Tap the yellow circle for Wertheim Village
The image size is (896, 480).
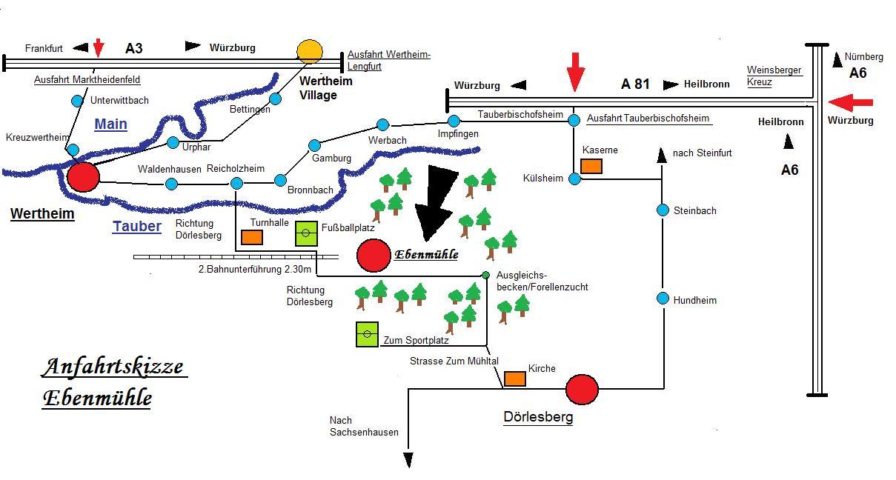click(x=310, y=51)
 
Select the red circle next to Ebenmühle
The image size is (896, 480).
click(x=373, y=256)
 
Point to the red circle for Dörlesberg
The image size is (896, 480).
click(x=582, y=389)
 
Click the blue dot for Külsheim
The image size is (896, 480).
click(x=574, y=179)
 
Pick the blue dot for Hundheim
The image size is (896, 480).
click(x=663, y=299)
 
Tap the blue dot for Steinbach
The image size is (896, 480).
click(x=663, y=210)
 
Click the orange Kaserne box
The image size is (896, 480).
click(x=591, y=166)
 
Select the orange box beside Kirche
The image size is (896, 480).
click(x=515, y=379)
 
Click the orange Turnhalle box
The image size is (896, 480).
click(x=252, y=237)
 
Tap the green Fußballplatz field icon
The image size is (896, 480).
click(x=306, y=233)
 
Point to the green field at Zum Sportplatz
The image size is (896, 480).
click(x=367, y=334)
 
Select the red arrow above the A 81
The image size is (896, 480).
click(x=575, y=71)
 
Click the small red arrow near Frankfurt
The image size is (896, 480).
click(x=99, y=47)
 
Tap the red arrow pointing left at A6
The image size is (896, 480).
click(x=851, y=102)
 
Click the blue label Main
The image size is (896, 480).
click(x=110, y=124)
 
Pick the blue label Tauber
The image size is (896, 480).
click(x=137, y=226)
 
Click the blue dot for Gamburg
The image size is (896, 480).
click(x=314, y=145)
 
